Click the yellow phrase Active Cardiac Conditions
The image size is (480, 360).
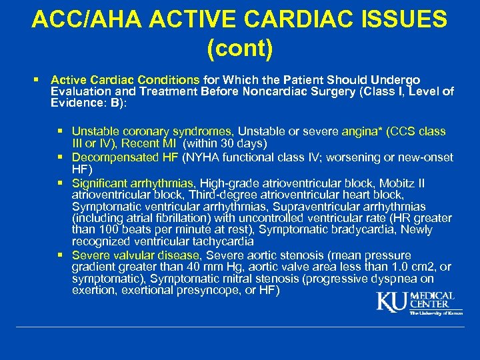[x=125, y=79]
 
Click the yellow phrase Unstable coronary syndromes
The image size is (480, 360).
[x=152, y=132]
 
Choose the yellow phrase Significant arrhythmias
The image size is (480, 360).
[x=133, y=183]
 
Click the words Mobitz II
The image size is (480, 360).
[x=402, y=183]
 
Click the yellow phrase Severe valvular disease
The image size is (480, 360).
[x=136, y=255]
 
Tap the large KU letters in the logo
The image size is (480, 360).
[x=392, y=302]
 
